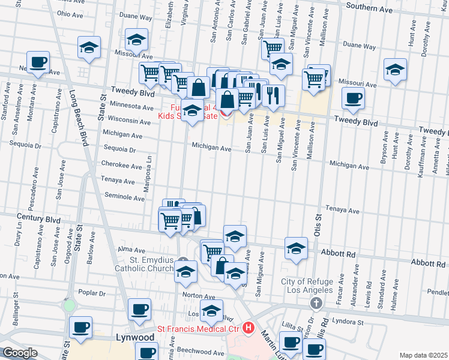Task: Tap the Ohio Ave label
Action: coord(70,14)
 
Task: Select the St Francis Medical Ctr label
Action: coord(198,328)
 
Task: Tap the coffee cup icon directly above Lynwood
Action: coord(140,310)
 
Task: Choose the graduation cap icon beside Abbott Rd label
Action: coord(296,247)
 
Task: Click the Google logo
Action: coord(20,353)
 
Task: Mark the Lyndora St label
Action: coord(345,322)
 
